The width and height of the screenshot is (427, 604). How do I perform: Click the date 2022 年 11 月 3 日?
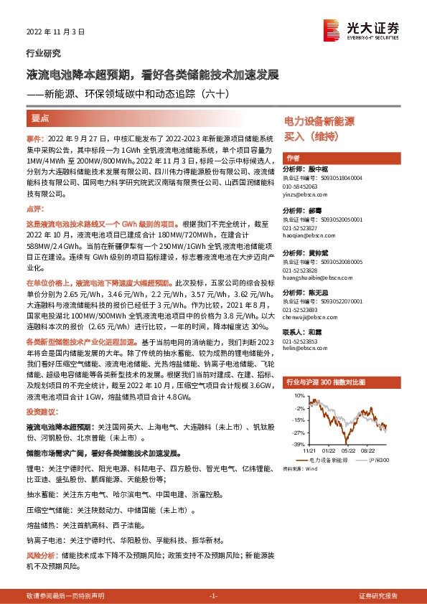[x=55, y=32]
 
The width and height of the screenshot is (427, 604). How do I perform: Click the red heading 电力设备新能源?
[x=319, y=122]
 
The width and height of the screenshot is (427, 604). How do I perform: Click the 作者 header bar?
[x=292, y=158]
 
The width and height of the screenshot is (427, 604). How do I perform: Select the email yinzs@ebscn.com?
[x=306, y=194]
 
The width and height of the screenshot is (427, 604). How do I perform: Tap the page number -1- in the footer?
[x=212, y=596]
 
